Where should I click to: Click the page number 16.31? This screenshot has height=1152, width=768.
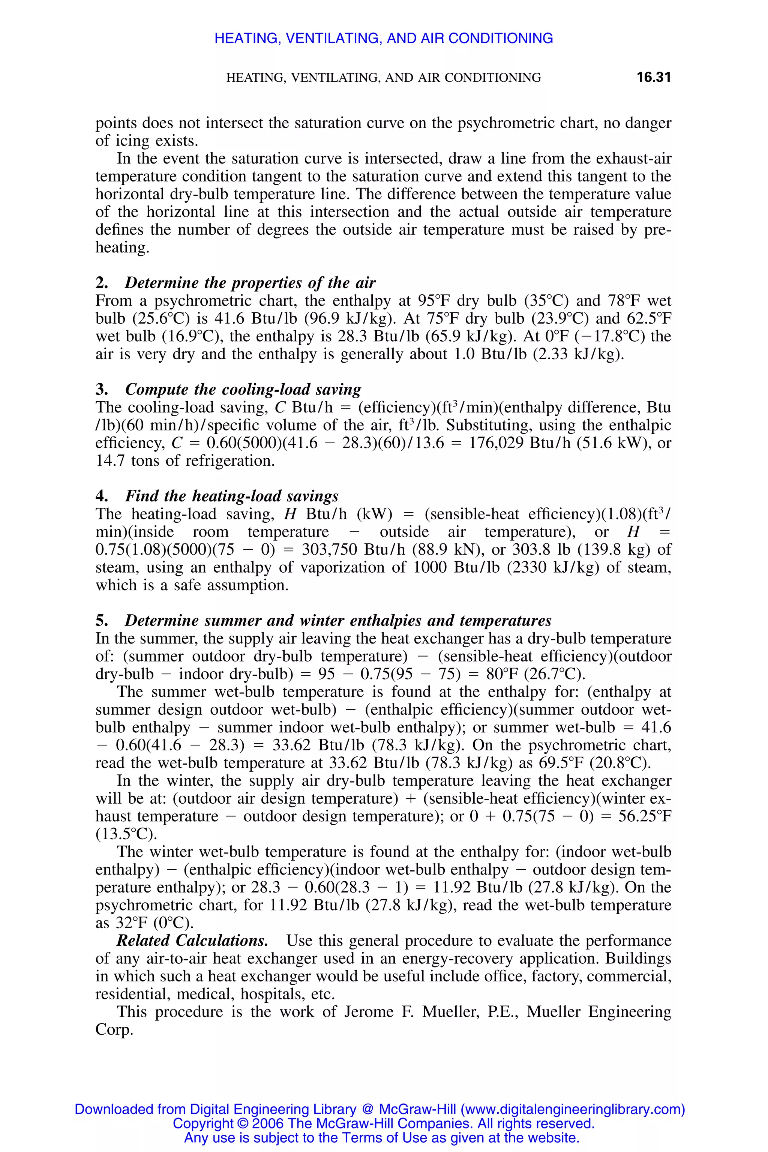653,77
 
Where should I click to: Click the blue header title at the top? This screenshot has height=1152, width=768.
384,38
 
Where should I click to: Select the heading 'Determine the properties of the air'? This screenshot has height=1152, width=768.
250,283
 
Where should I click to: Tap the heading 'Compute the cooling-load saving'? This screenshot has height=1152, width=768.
243,389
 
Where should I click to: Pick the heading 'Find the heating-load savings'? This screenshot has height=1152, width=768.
232,496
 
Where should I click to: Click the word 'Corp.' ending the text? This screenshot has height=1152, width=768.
114,1029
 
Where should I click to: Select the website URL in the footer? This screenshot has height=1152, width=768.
573,1109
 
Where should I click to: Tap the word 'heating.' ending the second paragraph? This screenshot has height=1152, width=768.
122,247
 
